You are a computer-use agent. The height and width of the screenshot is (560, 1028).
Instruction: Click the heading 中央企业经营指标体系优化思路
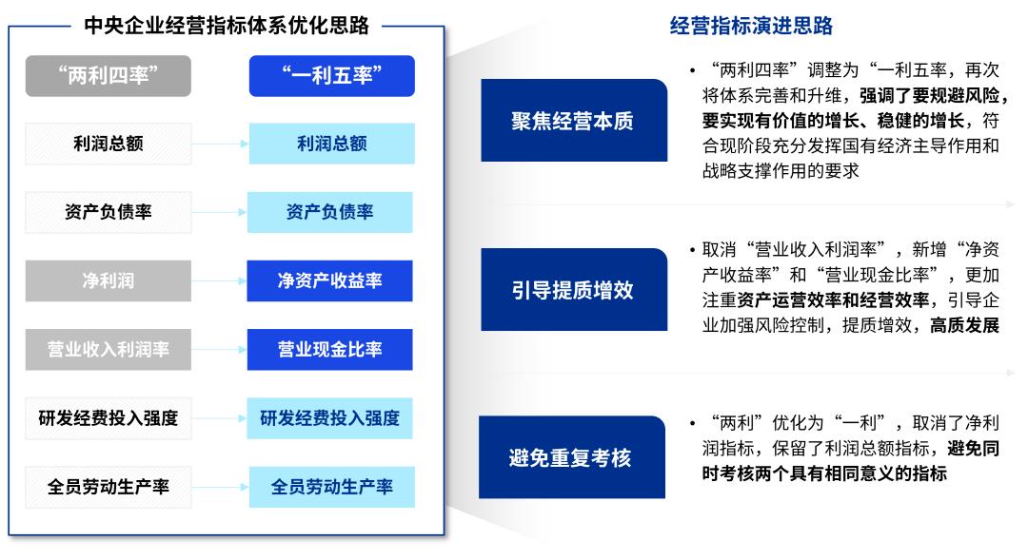[x=227, y=26]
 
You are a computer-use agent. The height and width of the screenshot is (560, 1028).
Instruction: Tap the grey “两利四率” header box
[x=108, y=76]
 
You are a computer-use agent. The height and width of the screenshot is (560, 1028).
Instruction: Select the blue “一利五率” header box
[x=332, y=76]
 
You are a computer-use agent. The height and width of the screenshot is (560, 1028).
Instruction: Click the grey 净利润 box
[x=108, y=281]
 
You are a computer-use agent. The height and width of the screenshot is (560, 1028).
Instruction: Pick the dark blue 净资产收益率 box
[x=330, y=281]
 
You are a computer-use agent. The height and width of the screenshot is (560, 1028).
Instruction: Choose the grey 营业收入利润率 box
[x=108, y=349]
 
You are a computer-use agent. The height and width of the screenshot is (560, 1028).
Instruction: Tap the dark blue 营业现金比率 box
[x=330, y=349]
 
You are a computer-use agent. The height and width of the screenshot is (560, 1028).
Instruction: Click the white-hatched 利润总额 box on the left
[x=108, y=145]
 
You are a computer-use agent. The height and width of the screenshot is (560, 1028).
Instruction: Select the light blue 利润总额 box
[x=331, y=145]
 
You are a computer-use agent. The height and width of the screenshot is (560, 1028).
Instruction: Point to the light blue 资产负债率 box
[x=330, y=212]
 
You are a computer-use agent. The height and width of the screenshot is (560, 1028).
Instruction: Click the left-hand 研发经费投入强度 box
[x=108, y=417]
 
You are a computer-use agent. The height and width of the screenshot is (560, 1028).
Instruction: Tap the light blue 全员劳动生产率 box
[x=331, y=487]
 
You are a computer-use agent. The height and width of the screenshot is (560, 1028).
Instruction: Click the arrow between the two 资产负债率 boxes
[x=219, y=212]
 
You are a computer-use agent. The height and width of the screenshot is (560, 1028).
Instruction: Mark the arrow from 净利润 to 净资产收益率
[x=219, y=281]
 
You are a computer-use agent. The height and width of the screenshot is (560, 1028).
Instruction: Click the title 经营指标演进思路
[x=751, y=26]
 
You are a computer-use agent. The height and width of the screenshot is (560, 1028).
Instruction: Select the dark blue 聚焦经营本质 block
[x=573, y=121]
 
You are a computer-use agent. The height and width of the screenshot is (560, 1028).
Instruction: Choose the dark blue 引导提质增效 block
[x=573, y=290]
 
